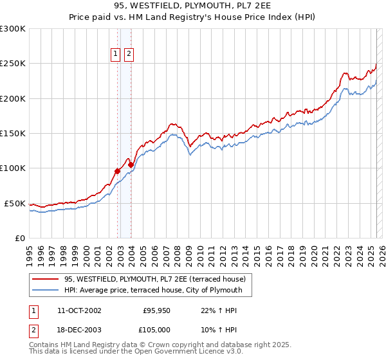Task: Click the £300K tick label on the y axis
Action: click(13, 29)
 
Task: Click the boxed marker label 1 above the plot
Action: click(116, 55)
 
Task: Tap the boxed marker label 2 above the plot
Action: click(129, 55)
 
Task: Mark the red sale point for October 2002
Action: click(118, 171)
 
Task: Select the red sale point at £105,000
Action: click(131, 165)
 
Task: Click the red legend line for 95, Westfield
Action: click(46, 280)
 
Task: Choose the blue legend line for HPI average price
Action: click(46, 290)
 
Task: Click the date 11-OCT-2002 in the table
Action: click(79, 310)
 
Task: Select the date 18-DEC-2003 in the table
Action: click(79, 330)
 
